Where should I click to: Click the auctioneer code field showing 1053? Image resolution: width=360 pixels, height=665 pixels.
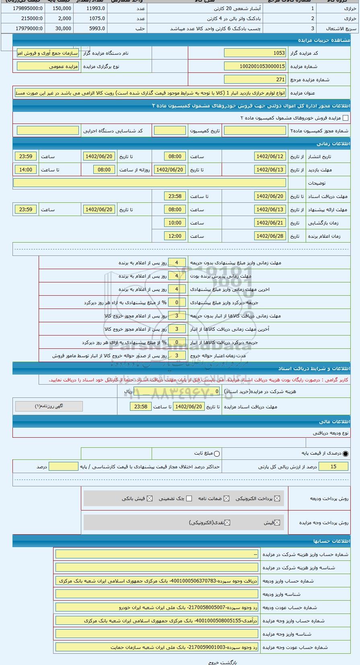pos(255,53)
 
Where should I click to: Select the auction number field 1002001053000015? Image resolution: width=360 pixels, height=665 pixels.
pos(255,66)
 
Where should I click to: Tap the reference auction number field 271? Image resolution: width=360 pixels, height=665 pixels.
pos(255,80)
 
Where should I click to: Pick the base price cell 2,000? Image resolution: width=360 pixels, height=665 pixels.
pos(62,19)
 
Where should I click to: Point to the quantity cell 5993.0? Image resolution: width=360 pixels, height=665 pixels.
pos(92,29)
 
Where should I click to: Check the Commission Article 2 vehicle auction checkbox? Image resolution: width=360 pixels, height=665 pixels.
pos(346,118)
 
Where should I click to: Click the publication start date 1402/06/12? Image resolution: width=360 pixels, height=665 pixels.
pos(270,156)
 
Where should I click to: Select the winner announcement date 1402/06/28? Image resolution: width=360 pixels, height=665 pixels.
pos(270,236)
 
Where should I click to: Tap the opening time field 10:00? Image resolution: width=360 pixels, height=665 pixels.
pos(175,223)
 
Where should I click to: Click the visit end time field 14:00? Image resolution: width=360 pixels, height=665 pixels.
pos(26,170)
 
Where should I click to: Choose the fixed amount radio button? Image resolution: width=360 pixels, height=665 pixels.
pos(217,454)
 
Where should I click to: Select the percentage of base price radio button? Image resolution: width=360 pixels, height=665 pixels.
pos(346,454)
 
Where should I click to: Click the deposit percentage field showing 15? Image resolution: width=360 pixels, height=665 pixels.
pos(333,467)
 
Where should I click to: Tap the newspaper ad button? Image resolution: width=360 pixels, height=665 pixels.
pos(49,406)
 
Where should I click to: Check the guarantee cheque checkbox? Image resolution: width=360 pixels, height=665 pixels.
pos(189,498)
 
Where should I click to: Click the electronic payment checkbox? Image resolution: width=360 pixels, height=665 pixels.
pos(277,498)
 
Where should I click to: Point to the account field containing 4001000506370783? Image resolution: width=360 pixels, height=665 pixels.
pos(157,581)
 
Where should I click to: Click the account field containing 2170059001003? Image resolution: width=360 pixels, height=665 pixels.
pos(157,647)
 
